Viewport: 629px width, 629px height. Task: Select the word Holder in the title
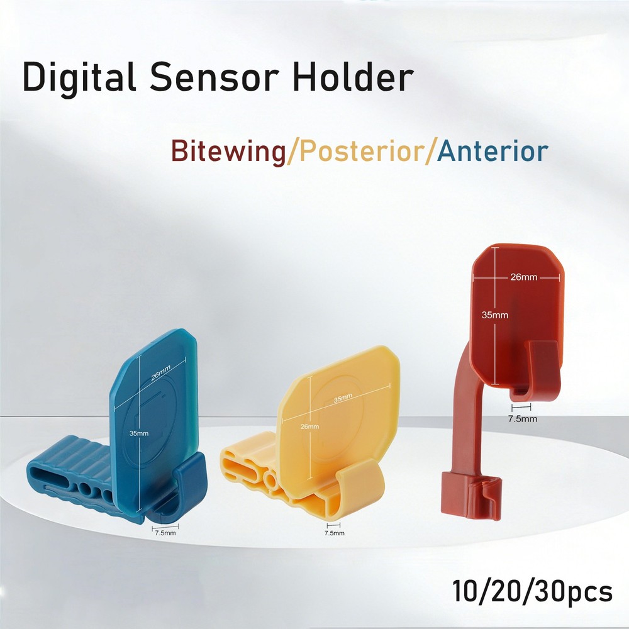pyautogui.click(x=360, y=78)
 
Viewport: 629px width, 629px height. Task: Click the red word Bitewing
pyautogui.click(x=228, y=152)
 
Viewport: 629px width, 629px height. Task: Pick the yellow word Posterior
pyautogui.click(x=362, y=152)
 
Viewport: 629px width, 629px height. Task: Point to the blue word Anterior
pyautogui.click(x=493, y=152)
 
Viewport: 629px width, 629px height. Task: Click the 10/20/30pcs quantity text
pyautogui.click(x=532, y=592)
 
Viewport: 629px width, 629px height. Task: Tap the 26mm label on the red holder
pyautogui.click(x=523, y=277)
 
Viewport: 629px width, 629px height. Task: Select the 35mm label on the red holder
pyautogui.click(x=496, y=314)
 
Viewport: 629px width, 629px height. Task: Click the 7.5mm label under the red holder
pyautogui.click(x=523, y=418)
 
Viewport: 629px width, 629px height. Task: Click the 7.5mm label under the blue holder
pyautogui.click(x=166, y=533)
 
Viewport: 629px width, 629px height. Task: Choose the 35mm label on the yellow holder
pyautogui.click(x=343, y=400)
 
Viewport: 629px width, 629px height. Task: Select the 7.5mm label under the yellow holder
pyautogui.click(x=333, y=533)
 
